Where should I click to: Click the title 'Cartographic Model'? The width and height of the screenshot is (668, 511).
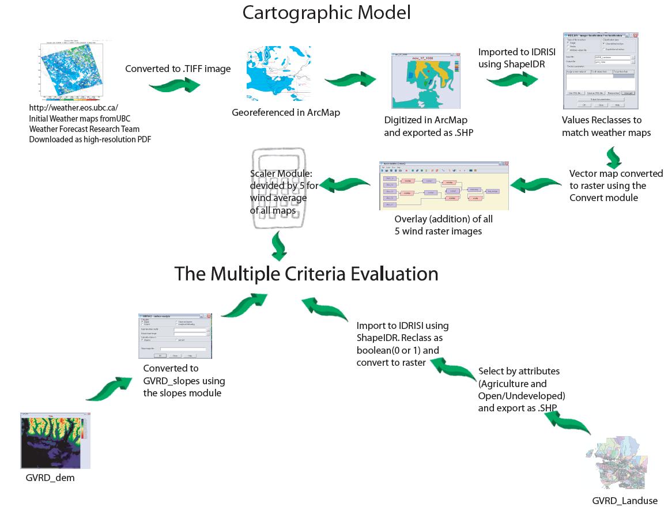(326, 13)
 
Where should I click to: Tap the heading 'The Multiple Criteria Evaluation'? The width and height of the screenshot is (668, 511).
(306, 274)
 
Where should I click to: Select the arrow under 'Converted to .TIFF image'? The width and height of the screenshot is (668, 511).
(175, 86)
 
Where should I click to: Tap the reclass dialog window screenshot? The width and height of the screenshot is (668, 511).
(599, 71)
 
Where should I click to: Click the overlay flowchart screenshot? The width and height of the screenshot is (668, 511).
(441, 186)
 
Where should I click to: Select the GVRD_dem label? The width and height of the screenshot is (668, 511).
(50, 478)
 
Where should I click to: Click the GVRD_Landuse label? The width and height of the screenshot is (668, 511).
(624, 501)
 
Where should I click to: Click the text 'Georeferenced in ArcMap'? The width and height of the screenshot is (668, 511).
(286, 112)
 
